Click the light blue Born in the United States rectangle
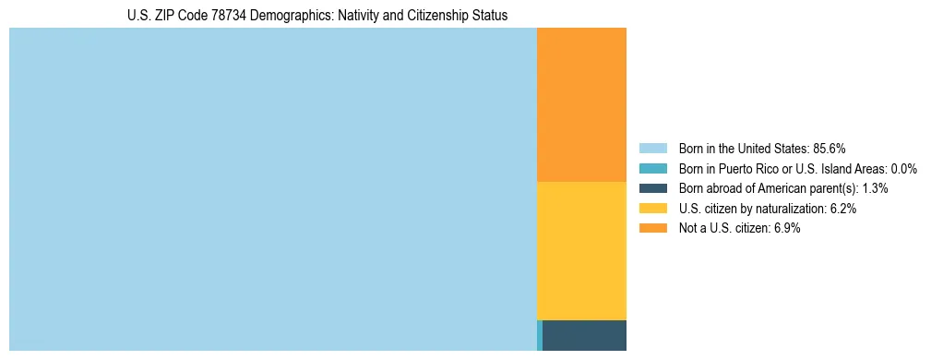coord(272,189)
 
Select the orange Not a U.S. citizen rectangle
coord(581,104)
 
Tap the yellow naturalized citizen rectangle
coord(581,251)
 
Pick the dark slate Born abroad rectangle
coord(584,335)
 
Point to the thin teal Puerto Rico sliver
coord(540,335)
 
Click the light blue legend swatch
coord(652,148)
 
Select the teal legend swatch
coord(652,168)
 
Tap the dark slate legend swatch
coord(652,188)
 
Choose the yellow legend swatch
coord(652,209)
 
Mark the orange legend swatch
coord(652,229)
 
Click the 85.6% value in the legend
coord(830,148)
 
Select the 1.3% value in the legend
coord(876,188)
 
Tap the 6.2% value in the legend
coord(843,209)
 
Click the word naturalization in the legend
coord(791,209)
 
